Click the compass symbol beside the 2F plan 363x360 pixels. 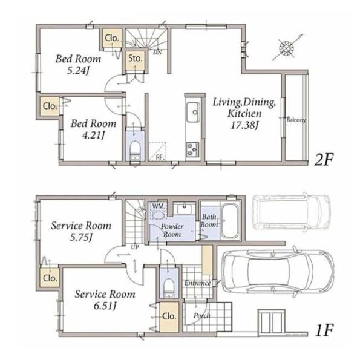[287, 48]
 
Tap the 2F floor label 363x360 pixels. [324, 160]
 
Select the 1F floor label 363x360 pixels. [324, 330]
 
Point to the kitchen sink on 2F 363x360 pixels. [192, 113]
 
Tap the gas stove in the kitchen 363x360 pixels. [192, 150]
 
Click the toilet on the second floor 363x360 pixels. [135, 151]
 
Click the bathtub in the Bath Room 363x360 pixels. [230, 221]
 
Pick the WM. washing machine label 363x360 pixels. [159, 206]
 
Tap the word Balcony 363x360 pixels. [296, 120]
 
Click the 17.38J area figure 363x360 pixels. [244, 125]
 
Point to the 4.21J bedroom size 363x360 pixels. [94, 135]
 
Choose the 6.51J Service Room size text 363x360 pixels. [105, 306]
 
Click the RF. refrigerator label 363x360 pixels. [159, 157]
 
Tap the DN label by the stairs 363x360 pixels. [157, 53]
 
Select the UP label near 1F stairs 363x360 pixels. [135, 247]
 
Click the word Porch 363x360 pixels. [202, 316]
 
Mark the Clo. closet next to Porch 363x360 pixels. [169, 316]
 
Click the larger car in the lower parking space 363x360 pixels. [278, 271]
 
